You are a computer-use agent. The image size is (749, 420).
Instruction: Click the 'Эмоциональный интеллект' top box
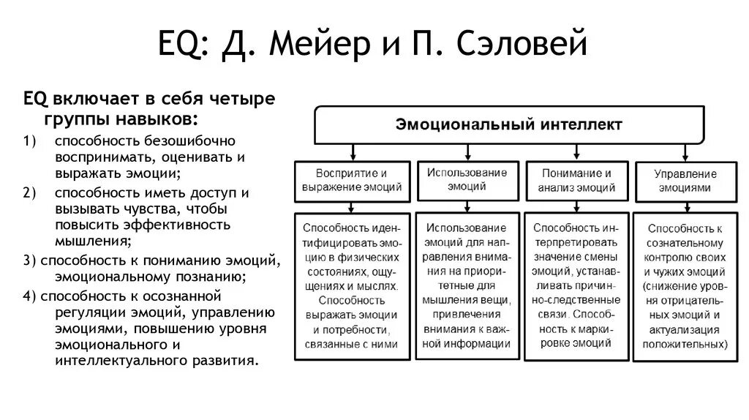pos(509,124)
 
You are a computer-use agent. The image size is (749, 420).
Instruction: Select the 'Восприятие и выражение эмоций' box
pos(352,180)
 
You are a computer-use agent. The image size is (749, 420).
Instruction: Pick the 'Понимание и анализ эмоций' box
pos(576,180)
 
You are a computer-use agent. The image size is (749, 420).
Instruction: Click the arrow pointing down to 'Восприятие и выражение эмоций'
pos(353,151)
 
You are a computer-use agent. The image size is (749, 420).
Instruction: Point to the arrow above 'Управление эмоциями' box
pos(684,151)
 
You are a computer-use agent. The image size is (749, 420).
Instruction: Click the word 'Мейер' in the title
pos(323,45)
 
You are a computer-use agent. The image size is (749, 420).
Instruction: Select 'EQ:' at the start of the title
pos(185,45)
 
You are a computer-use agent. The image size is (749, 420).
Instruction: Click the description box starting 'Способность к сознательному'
pos(684,286)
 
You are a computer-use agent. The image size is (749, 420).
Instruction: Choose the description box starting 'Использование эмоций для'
pos(467,285)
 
